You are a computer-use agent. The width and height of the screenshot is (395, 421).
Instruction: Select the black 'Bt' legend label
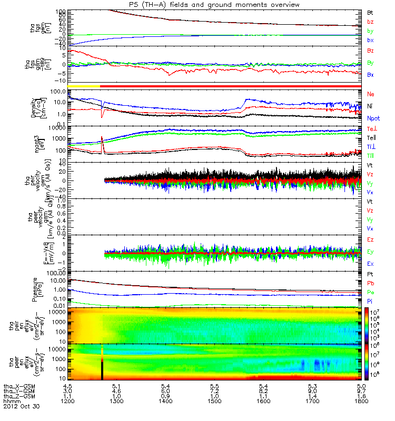tap(371, 12)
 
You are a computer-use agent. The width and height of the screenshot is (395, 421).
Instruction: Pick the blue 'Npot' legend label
tap(373, 119)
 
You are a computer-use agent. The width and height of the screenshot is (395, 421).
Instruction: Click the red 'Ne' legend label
tap(371, 94)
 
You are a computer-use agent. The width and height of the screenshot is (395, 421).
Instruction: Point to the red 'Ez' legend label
tap(371, 239)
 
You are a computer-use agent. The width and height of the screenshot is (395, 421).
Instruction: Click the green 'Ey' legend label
tap(371, 252)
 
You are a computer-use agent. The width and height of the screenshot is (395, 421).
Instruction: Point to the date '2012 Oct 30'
tap(21, 407)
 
